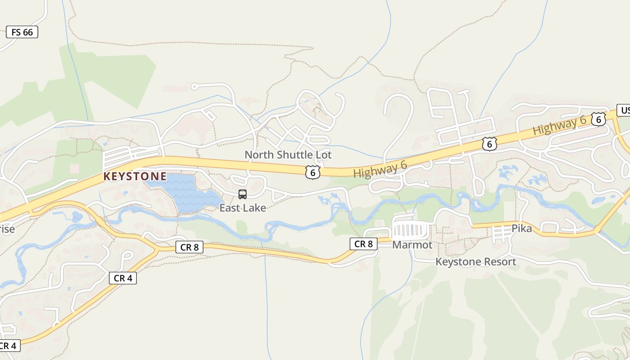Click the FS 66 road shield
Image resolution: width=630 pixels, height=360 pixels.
[x=22, y=32]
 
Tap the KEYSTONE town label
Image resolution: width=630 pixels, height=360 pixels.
[x=135, y=176]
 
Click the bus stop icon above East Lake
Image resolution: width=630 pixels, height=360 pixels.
[x=243, y=194]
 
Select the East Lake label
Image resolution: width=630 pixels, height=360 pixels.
[x=243, y=207]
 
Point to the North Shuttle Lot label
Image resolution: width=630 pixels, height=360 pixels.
[x=288, y=155]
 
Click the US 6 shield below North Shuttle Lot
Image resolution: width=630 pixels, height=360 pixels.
[x=312, y=172]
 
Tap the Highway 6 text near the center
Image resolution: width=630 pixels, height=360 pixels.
[x=380, y=169]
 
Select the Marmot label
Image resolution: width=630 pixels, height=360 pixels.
[x=412, y=245]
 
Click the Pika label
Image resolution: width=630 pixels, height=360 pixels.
[x=522, y=229]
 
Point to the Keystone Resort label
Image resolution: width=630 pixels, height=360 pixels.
[x=476, y=261]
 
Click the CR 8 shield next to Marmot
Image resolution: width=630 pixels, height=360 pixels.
[x=363, y=244]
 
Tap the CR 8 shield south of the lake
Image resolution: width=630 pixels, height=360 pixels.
[x=189, y=247]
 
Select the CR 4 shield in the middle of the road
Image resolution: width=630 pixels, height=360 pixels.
[x=122, y=278]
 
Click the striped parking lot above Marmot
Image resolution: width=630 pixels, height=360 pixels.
[x=410, y=230]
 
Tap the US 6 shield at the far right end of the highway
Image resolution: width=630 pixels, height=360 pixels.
[x=598, y=119]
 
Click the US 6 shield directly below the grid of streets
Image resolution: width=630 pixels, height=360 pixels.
[x=489, y=144]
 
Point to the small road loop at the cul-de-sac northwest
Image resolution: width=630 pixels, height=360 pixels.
[x=194, y=86]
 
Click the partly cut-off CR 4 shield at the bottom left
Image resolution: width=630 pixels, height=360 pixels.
[x=8, y=346]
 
